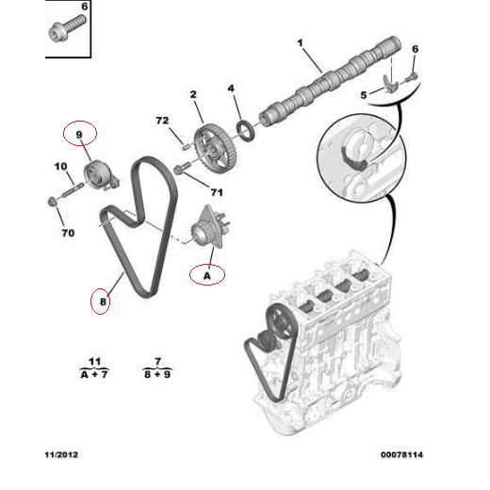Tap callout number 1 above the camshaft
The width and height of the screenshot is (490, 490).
coord(301,43)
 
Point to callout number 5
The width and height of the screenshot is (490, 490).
coord(363,95)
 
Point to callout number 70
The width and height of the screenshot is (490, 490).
coord(66,231)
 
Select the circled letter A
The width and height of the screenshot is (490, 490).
coord(206,275)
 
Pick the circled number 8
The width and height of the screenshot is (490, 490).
coord(102,302)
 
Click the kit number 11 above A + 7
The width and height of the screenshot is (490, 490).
coord(94,361)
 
